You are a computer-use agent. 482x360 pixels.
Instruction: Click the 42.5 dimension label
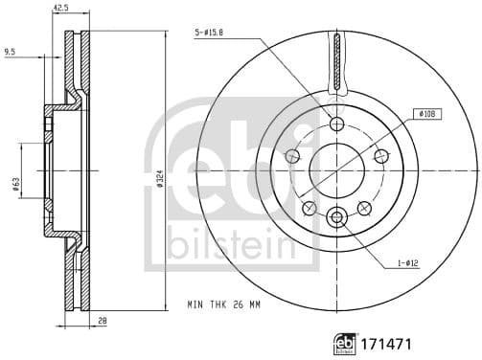click(x=60, y=8)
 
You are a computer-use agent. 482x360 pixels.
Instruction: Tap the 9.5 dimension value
click(x=10, y=51)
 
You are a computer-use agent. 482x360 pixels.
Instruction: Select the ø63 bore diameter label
click(x=16, y=185)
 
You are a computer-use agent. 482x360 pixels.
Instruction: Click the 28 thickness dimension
click(x=102, y=321)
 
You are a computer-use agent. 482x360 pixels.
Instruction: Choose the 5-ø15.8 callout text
click(x=208, y=32)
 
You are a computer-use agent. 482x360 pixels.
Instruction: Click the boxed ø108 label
click(x=427, y=114)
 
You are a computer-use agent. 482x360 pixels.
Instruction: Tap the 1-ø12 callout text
click(x=407, y=263)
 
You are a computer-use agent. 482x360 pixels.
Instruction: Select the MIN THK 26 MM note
click(x=223, y=304)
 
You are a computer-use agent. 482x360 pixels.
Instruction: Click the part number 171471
click(x=386, y=345)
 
